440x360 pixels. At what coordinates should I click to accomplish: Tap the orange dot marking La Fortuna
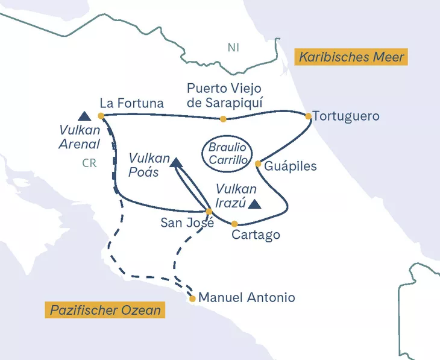point(101,116)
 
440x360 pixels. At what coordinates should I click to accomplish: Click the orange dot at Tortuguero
point(308,116)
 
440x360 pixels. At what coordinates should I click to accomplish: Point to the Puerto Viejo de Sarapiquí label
point(224,95)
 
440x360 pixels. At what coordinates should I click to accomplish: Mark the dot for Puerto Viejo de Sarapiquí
point(223,119)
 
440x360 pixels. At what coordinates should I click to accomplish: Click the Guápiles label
point(291,166)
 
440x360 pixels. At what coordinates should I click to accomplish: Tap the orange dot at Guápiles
point(258,163)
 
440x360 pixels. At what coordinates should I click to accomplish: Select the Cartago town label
point(256,235)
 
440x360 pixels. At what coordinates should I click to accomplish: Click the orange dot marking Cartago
point(234,224)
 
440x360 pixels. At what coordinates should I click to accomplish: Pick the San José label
point(187,223)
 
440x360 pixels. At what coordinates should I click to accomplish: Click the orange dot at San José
point(209,211)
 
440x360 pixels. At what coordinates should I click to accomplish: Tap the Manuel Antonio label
point(247,298)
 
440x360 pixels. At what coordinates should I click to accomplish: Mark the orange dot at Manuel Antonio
point(192,298)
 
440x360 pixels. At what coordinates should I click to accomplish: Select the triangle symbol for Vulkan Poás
point(175,162)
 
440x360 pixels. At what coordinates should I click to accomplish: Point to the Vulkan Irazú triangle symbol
point(255,204)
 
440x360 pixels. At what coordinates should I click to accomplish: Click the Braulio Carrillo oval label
point(228,154)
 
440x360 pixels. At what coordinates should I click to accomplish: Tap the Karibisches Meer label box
point(350,58)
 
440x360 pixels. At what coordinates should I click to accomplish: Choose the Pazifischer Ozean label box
point(105,311)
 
